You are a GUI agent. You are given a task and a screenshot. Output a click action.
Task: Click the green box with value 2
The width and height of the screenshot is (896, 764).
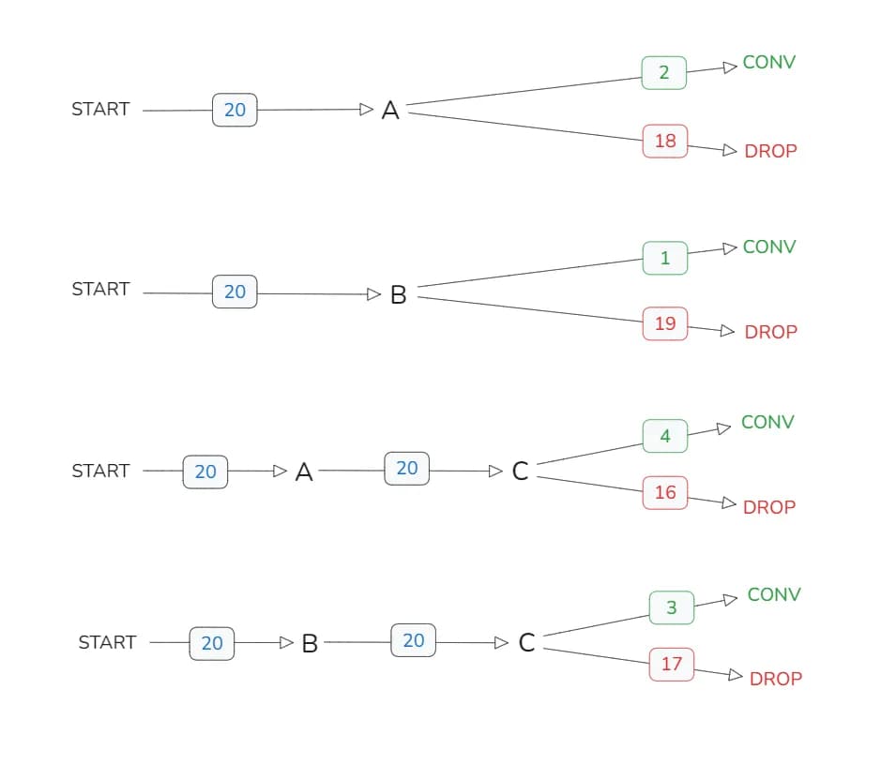[x=664, y=72]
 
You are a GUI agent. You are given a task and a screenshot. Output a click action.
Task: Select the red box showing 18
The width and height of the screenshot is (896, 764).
[x=665, y=141]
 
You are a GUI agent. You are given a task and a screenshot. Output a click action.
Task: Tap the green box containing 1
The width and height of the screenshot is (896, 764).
[x=665, y=258]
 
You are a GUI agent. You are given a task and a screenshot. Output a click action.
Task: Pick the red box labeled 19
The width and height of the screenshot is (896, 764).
[x=665, y=323]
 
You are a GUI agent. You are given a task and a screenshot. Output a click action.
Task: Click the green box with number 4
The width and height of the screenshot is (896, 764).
[x=665, y=436]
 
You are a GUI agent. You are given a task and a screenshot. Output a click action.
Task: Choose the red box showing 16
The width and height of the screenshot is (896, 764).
[x=665, y=492]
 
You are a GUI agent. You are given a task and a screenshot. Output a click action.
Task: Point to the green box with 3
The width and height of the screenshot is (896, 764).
[x=672, y=607]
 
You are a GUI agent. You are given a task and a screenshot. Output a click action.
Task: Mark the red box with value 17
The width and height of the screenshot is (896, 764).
[x=672, y=664]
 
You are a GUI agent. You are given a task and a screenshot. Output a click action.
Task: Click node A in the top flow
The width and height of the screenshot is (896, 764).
[x=390, y=111]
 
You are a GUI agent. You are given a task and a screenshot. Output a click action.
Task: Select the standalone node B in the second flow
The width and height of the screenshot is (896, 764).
[x=398, y=295]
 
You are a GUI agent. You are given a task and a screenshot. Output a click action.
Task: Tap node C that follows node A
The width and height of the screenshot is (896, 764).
[x=520, y=472]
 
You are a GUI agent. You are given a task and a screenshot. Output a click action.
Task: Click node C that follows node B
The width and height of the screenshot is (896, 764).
[x=526, y=643]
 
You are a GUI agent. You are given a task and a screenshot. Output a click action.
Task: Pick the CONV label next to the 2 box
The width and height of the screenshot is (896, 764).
[x=768, y=62]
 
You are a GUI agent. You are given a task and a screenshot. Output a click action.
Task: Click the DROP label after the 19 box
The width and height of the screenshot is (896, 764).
[x=770, y=332]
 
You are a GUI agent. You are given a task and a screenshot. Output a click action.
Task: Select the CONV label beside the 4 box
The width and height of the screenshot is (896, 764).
[x=767, y=422]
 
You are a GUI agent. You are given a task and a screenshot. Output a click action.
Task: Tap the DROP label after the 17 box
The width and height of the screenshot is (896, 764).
[x=775, y=679]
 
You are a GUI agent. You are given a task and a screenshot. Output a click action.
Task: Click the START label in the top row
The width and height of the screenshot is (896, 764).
[x=100, y=109]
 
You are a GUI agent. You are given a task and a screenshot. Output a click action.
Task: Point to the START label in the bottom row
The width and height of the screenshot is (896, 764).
[x=107, y=642]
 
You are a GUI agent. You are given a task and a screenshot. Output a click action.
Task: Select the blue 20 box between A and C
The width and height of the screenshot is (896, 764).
[x=406, y=468]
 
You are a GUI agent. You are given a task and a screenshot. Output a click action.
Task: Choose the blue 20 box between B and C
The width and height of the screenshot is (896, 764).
[x=413, y=640]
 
